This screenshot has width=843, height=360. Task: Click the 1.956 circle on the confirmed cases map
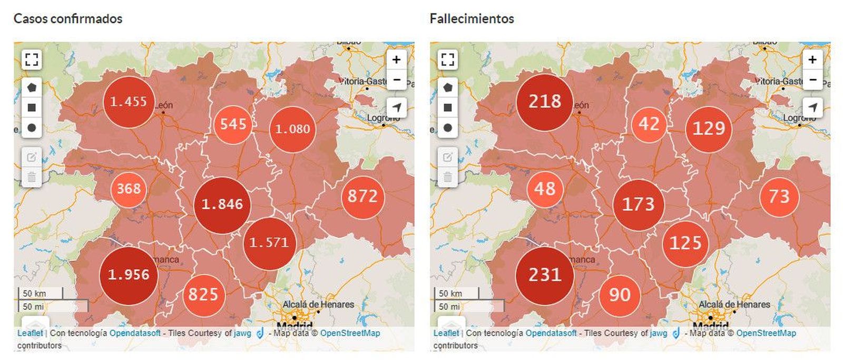click(129, 275)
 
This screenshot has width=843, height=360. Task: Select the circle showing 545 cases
click(233, 124)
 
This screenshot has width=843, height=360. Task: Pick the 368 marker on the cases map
click(129, 189)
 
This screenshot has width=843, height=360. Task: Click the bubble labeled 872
click(362, 197)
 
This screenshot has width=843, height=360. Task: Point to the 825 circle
click(203, 294)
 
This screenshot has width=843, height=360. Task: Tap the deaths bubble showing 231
click(544, 275)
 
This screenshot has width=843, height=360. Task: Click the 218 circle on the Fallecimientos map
click(544, 101)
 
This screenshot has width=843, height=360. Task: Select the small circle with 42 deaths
click(649, 124)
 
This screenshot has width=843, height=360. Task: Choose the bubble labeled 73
click(779, 197)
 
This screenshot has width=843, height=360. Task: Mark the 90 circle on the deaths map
click(620, 295)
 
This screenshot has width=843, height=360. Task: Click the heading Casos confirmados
click(68, 18)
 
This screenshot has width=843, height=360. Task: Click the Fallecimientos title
click(472, 18)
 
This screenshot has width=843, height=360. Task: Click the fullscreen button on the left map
click(32, 59)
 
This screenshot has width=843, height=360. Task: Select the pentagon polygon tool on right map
click(447, 87)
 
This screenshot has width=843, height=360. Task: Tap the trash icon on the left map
click(32, 177)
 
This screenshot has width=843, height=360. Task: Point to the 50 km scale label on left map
click(35, 294)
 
